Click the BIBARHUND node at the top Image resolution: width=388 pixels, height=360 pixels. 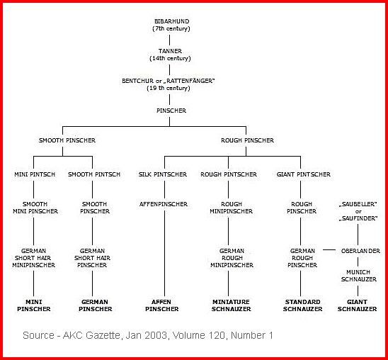(x=171, y=25)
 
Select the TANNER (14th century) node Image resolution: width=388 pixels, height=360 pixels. (x=170, y=55)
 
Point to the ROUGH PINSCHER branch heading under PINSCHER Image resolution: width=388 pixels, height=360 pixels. (x=247, y=140)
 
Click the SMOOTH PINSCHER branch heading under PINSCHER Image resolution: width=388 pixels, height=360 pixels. (x=67, y=140)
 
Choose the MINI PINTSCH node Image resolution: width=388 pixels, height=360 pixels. (x=35, y=174)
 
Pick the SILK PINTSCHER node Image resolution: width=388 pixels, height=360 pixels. (x=163, y=174)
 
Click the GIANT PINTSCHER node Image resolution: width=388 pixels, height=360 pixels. (x=303, y=174)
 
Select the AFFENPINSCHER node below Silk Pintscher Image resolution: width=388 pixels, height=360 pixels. (x=164, y=204)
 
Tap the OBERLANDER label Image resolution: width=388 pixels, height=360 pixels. (x=360, y=251)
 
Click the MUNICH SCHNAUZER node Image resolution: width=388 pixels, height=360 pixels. (x=358, y=276)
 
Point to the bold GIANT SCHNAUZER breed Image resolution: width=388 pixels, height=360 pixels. (x=357, y=305)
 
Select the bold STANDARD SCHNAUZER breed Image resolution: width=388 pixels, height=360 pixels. (x=302, y=305)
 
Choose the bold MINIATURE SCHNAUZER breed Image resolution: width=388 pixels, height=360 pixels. (x=231, y=305)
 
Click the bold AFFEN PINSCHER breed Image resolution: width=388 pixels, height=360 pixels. (x=162, y=305)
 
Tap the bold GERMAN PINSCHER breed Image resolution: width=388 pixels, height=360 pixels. (x=96, y=305)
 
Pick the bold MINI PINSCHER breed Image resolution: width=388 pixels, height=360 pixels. (x=34, y=305)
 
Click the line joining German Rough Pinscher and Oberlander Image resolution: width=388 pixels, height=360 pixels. (x=329, y=250)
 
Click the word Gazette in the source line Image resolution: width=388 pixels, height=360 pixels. (x=103, y=335)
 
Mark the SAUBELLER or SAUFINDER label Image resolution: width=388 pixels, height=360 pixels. (x=358, y=211)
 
